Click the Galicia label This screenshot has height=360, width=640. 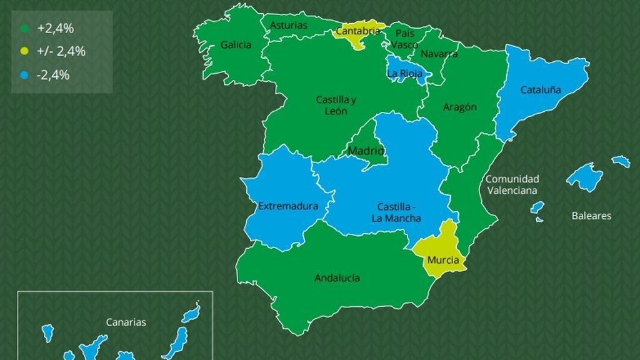[x=236, y=45]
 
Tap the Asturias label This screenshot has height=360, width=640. [x=289, y=26]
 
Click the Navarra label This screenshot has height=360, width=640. [x=439, y=54]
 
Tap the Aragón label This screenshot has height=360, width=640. [x=460, y=107]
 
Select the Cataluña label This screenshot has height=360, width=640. [x=541, y=89]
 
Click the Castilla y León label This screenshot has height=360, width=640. [x=336, y=105]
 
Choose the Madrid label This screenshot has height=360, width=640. [x=366, y=151]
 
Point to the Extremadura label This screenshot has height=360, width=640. [x=288, y=206]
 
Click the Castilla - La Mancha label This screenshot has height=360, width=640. [x=396, y=212]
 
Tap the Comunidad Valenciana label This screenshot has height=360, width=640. [x=512, y=185]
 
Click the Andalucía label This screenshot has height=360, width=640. [x=337, y=278]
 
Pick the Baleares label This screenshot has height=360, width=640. [x=591, y=216]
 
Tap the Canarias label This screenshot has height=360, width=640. [x=126, y=322]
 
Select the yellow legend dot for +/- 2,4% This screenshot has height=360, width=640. [x=25, y=51]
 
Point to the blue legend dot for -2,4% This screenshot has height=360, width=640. [x=25, y=75]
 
